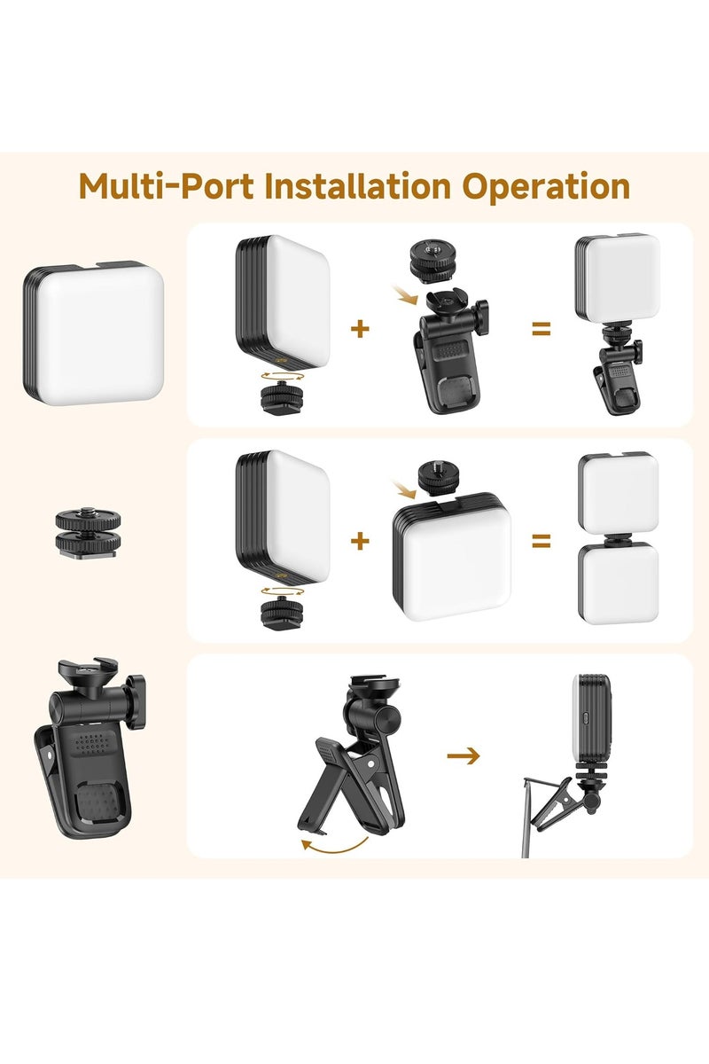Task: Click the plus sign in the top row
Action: coord(360,329)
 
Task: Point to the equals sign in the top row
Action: coord(541,329)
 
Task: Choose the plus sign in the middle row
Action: coord(360,540)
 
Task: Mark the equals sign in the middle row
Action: coord(541,540)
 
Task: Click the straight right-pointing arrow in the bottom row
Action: coord(463,755)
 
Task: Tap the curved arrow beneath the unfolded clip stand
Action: coord(335,845)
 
